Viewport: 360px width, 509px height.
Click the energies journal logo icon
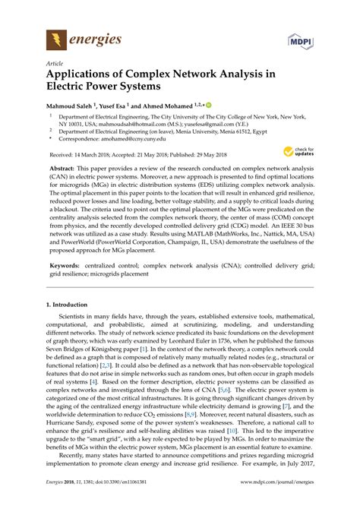55,37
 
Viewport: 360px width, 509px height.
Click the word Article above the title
55,65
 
